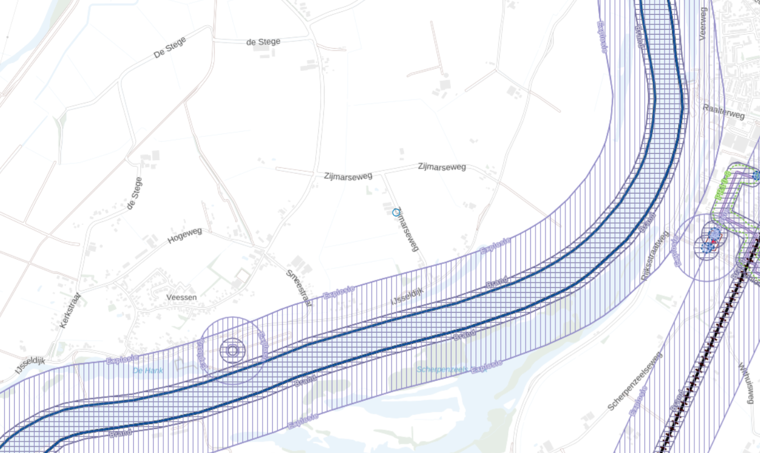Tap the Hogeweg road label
tap(185, 236)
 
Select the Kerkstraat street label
tap(71, 311)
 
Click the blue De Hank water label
tap(147, 371)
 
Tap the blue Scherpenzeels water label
tap(443, 370)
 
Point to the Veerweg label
tap(703, 23)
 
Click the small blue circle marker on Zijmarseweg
tap(396, 212)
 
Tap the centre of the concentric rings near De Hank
tap(232, 350)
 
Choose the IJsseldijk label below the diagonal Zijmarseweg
tap(407, 295)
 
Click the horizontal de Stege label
tap(263, 42)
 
